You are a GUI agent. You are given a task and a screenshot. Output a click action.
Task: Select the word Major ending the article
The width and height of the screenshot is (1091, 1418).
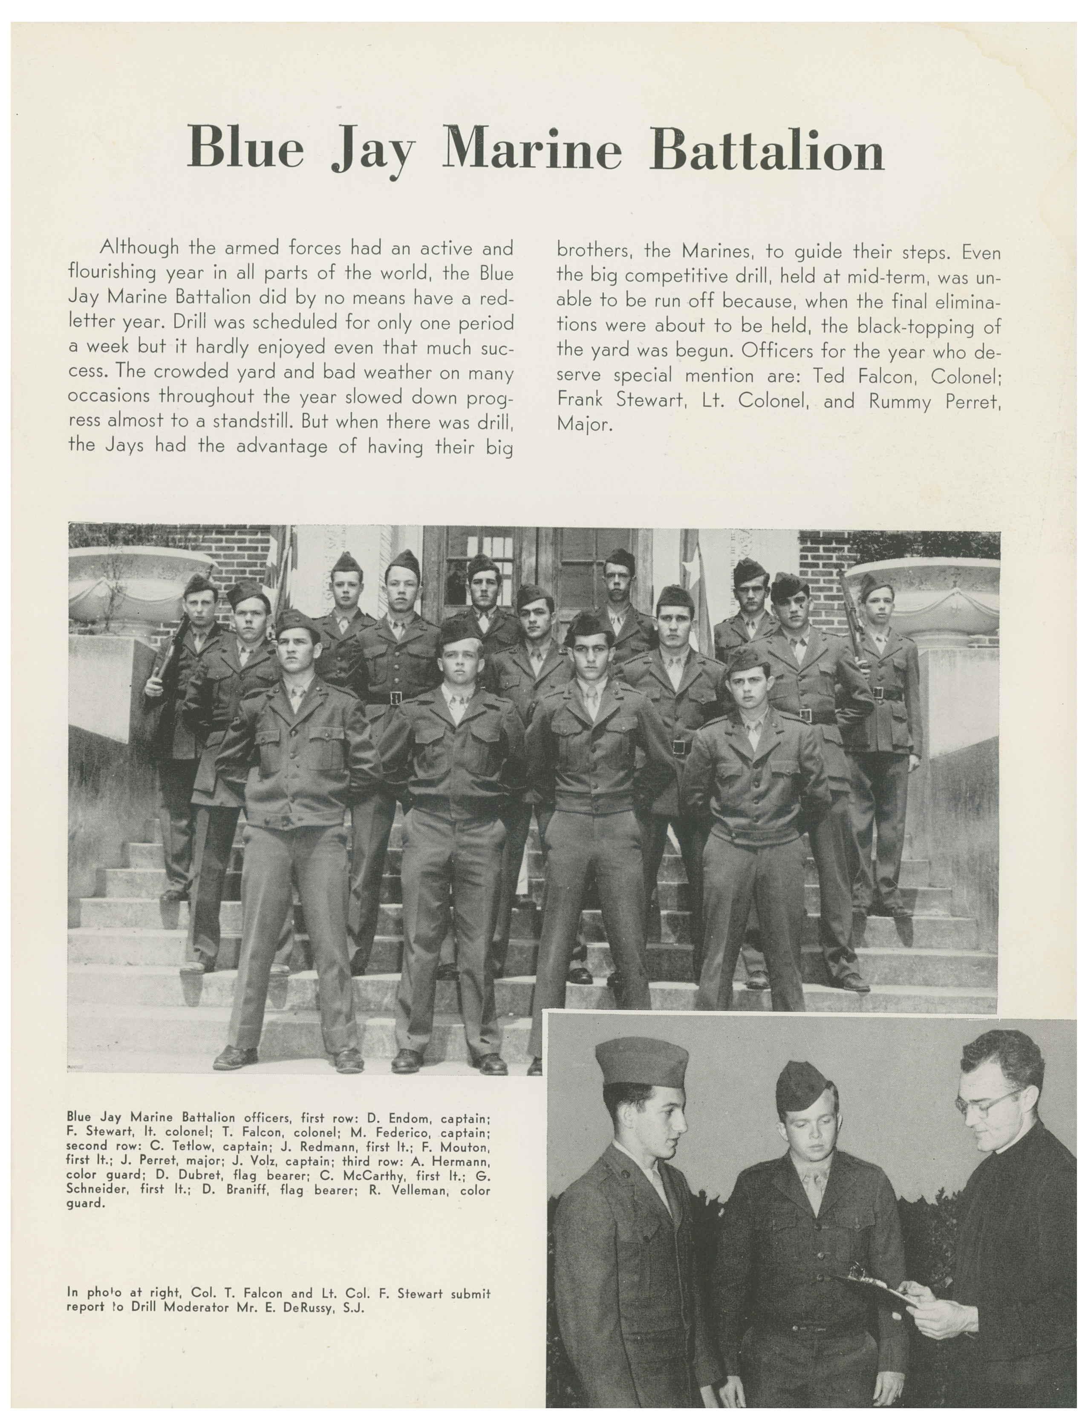click(584, 425)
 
